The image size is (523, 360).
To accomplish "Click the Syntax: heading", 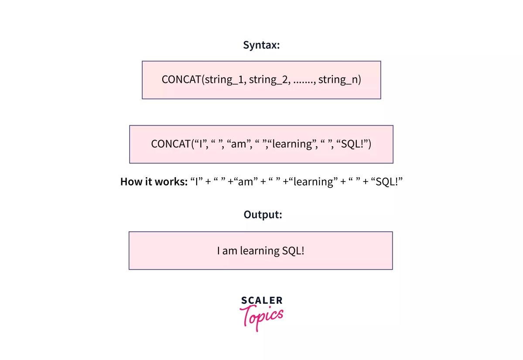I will click(261, 45).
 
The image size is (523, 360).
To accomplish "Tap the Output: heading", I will click(263, 215).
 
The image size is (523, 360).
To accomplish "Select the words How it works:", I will click(154, 182).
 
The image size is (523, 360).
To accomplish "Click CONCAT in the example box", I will click(171, 144).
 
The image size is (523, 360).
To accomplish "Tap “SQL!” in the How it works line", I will click(386, 182).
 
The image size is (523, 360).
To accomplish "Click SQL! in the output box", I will click(293, 251).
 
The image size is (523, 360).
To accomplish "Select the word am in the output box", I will click(229, 251).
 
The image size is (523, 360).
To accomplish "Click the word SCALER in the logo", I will click(262, 300).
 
